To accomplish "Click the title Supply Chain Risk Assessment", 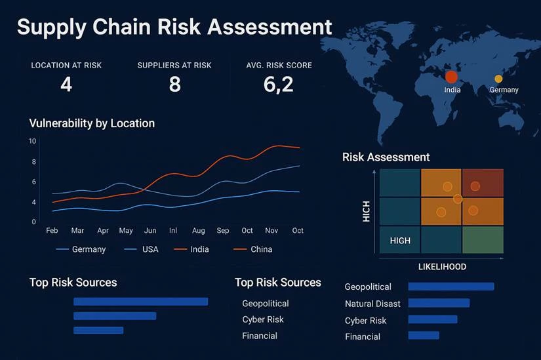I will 174,27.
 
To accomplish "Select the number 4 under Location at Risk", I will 66,84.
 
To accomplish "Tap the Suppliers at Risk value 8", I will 174,84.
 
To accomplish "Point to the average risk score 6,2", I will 279,84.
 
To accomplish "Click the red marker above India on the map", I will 451,77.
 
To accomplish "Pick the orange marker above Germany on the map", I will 498,79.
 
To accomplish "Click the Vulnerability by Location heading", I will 92,123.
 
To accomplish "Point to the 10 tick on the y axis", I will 33,141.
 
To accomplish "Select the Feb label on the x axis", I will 52,231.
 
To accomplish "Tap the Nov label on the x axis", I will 271,231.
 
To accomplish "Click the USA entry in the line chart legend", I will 150,249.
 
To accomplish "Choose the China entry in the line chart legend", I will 261,249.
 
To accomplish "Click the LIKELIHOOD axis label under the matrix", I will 442,267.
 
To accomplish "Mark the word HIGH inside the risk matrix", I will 400,241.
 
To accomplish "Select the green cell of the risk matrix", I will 483,240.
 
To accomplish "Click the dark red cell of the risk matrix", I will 483,182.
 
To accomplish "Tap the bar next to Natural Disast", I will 439,303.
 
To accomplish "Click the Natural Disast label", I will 372,304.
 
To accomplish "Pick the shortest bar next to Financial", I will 424,335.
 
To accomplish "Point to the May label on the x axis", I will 126,231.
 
